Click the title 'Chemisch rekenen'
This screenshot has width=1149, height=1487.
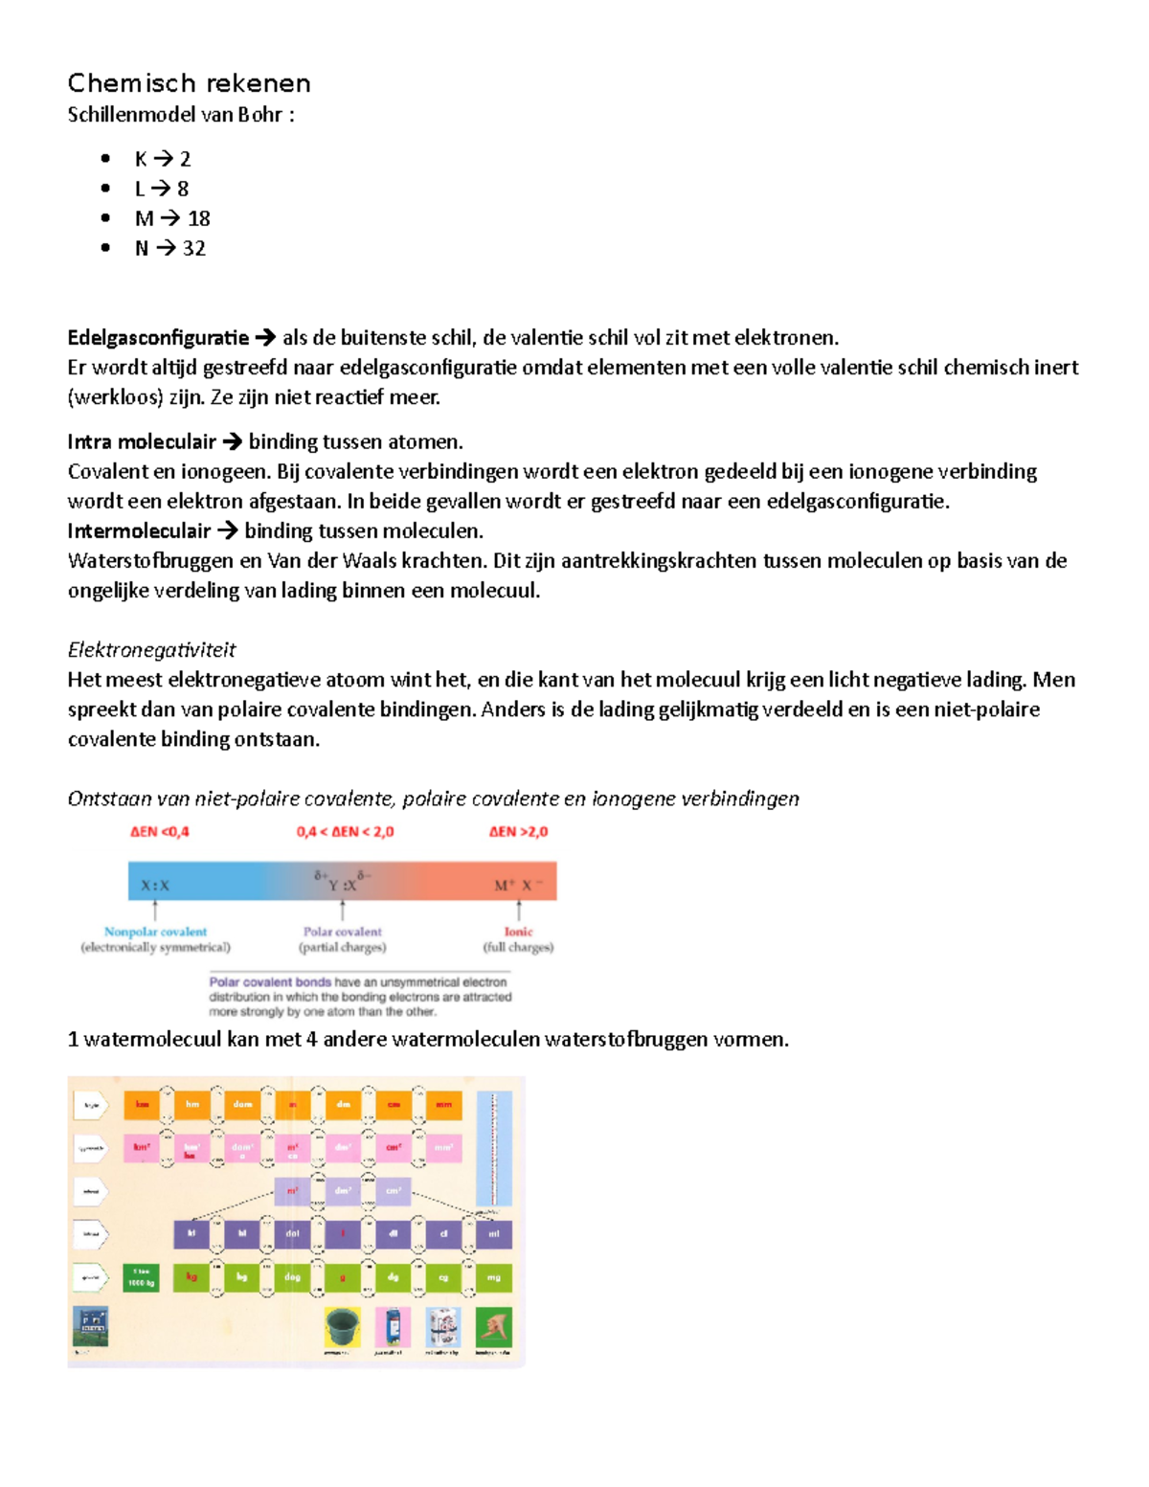pyautogui.click(x=189, y=83)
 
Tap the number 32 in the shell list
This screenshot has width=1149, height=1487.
pyautogui.click(x=194, y=248)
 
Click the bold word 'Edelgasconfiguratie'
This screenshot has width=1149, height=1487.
pyautogui.click(x=158, y=337)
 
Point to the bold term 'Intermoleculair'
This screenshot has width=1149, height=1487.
pyautogui.click(x=139, y=530)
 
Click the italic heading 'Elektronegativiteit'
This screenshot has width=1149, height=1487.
pyautogui.click(x=151, y=649)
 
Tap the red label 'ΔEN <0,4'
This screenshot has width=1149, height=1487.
pyautogui.click(x=160, y=831)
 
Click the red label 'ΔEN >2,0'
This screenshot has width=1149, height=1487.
pyautogui.click(x=518, y=831)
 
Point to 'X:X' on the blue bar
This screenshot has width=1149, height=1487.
pyautogui.click(x=155, y=886)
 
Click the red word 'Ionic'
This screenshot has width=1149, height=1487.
pyautogui.click(x=518, y=931)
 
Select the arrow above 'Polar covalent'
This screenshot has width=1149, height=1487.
pyautogui.click(x=342, y=910)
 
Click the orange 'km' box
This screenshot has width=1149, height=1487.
pyautogui.click(x=142, y=1104)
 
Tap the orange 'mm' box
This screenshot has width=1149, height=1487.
pyautogui.click(x=443, y=1104)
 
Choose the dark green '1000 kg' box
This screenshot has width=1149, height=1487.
pyautogui.click(x=142, y=1277)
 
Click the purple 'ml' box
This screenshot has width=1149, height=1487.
pyautogui.click(x=494, y=1233)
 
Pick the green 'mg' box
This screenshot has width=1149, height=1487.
pyautogui.click(x=494, y=1277)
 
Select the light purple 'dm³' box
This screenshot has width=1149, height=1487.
pyautogui.click(x=343, y=1191)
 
